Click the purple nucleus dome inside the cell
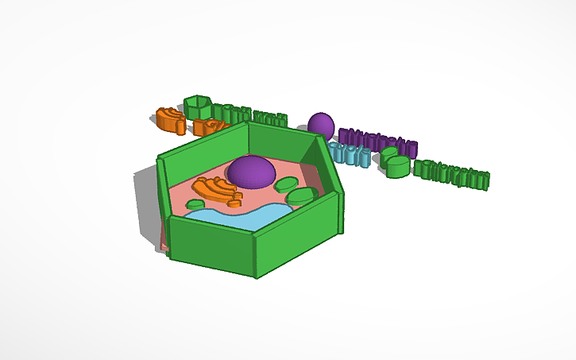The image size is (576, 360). [251, 171]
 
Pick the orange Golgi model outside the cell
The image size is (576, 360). [170, 119]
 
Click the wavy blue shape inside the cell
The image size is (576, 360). [238, 216]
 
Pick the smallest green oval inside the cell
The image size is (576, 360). [195, 204]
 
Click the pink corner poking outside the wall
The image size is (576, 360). [164, 243]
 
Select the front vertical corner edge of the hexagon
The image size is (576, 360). [257, 254]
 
